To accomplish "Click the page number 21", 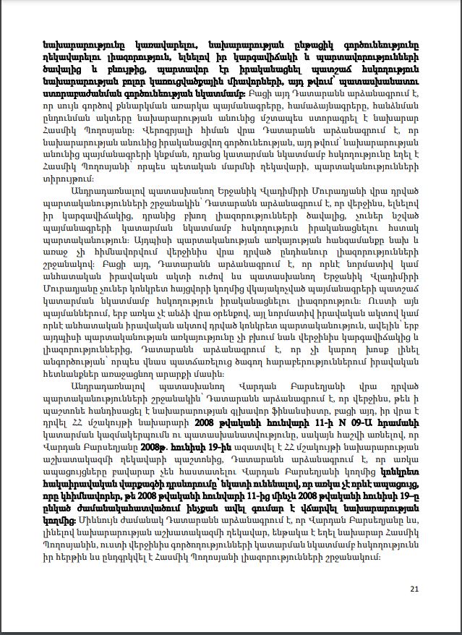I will tap(414, 589).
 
